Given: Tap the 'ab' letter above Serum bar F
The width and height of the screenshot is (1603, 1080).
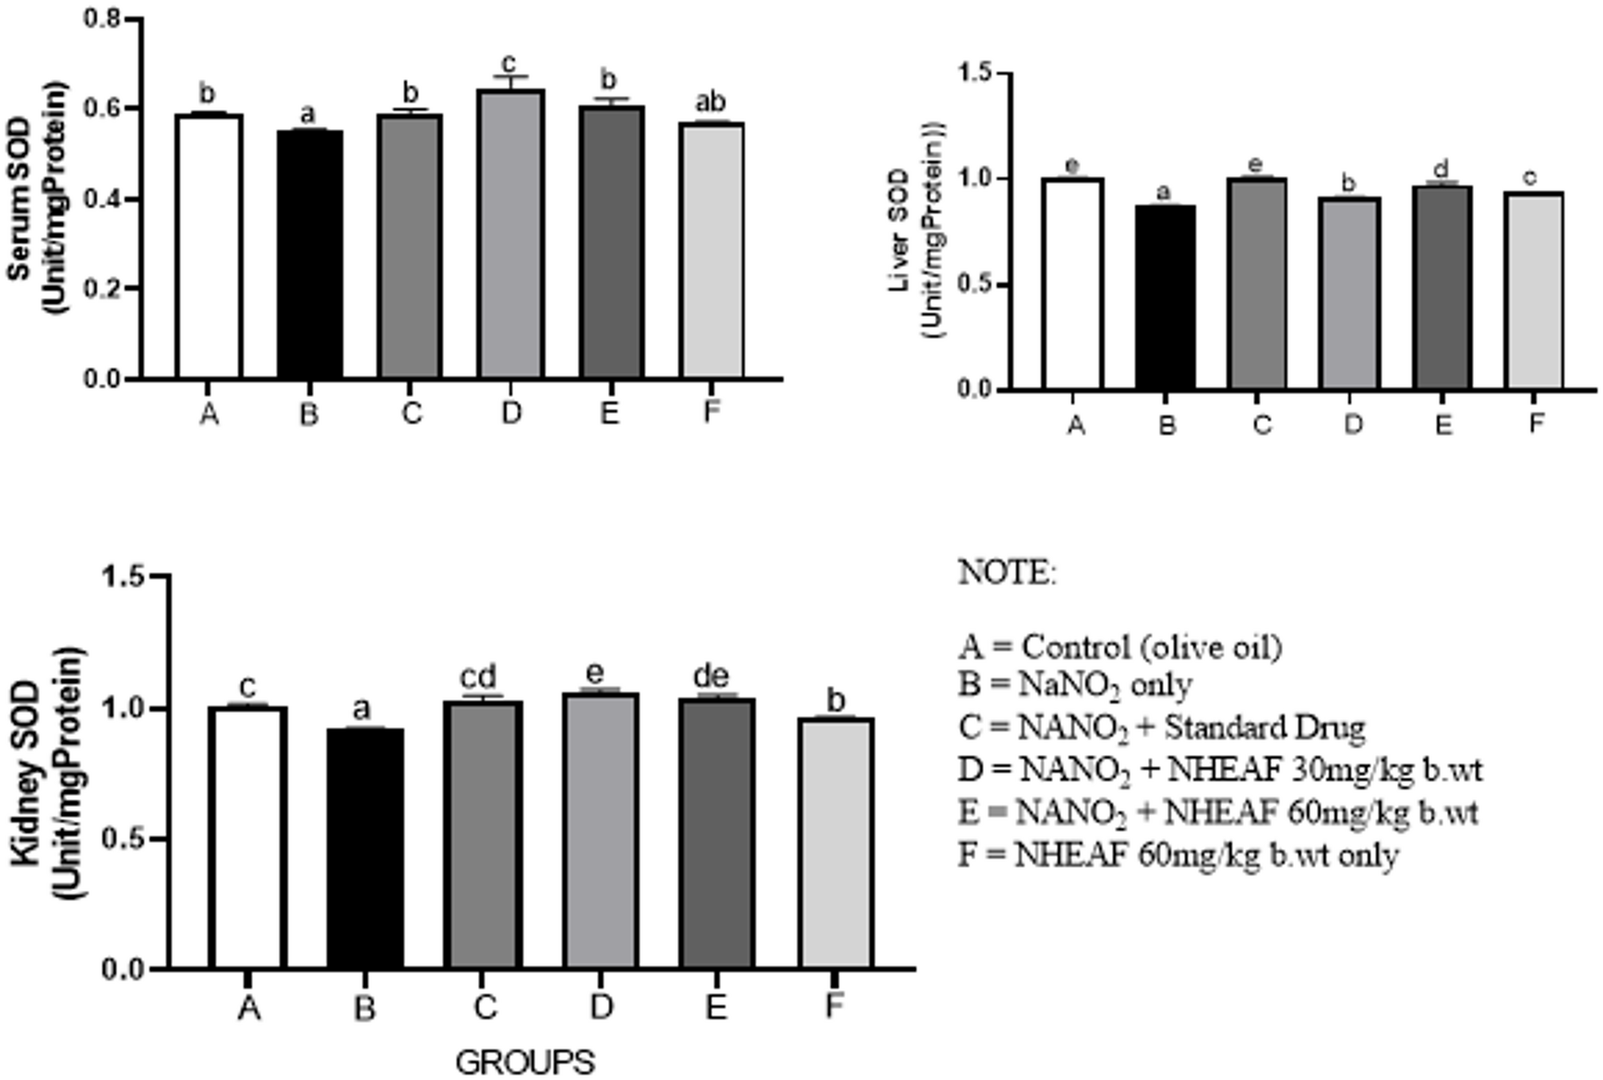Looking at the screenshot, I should tap(710, 102).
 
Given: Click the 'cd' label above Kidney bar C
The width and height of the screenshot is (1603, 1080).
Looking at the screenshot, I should tap(478, 677).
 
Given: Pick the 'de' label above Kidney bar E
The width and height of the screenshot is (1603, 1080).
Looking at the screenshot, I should tap(710, 677).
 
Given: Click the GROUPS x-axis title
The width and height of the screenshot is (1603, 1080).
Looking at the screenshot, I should tap(524, 1062).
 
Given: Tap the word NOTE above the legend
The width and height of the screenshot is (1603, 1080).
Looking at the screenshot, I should tap(1007, 572).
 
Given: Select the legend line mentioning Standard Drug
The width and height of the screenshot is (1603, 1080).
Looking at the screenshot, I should tap(1162, 727).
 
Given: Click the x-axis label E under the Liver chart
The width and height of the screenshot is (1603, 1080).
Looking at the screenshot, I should tap(1443, 424).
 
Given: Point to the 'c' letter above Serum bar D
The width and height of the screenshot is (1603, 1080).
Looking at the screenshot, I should tap(509, 62).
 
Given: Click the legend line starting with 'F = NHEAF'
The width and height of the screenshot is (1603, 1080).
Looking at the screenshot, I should tap(1178, 855).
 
